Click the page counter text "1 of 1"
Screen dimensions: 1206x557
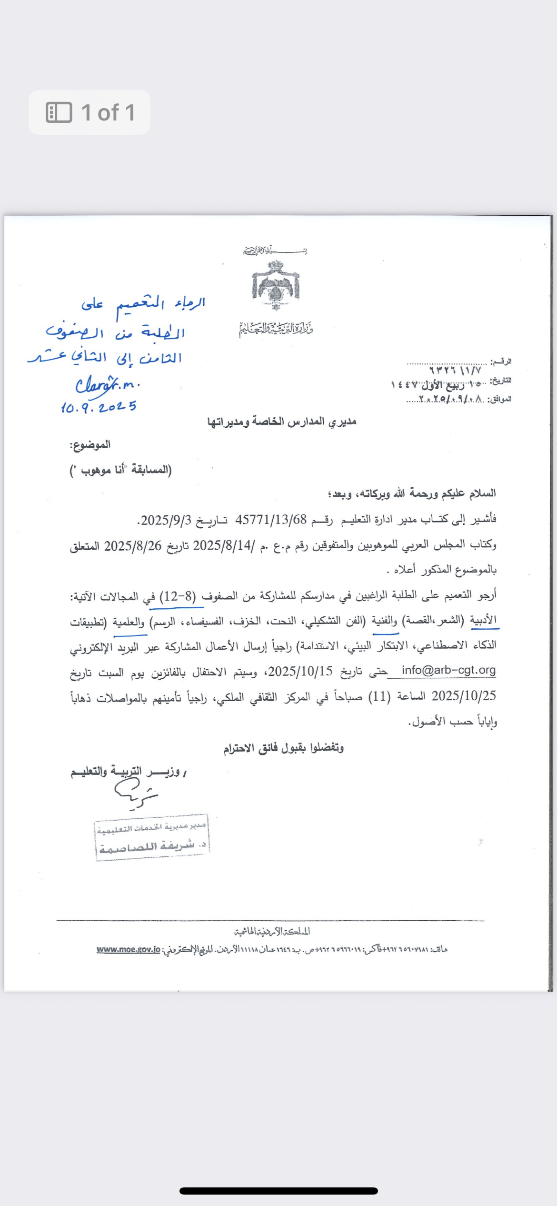coord(108,113)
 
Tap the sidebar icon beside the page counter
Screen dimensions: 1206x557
coord(59,113)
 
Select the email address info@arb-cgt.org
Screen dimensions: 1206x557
coord(448,670)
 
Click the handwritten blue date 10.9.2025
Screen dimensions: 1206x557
coord(99,407)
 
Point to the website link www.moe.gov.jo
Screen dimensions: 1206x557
coord(129,949)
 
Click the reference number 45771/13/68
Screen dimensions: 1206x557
coord(271,520)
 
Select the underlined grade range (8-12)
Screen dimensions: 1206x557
coord(177,596)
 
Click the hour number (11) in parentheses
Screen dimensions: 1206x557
coord(379,696)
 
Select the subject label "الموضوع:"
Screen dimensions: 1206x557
coord(90,445)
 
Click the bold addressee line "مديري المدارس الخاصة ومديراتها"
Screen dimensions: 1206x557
coord(281,422)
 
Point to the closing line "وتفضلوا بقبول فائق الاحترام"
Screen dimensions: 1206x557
coord(283,748)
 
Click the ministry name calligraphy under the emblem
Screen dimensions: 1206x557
coord(276,329)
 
